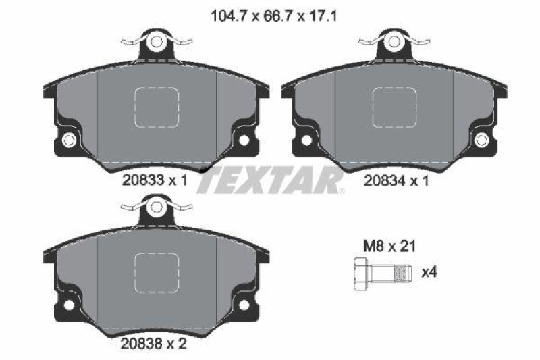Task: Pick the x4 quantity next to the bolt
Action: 429,273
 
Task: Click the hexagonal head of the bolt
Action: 359,274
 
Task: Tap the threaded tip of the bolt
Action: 404,274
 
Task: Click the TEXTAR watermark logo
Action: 270,180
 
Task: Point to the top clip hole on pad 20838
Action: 157,206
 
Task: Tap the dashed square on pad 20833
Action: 157,108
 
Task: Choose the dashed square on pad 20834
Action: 394,108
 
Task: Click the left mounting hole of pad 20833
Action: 67,140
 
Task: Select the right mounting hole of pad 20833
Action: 244,140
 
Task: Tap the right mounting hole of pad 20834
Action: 481,140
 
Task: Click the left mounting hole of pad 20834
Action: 306,140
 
